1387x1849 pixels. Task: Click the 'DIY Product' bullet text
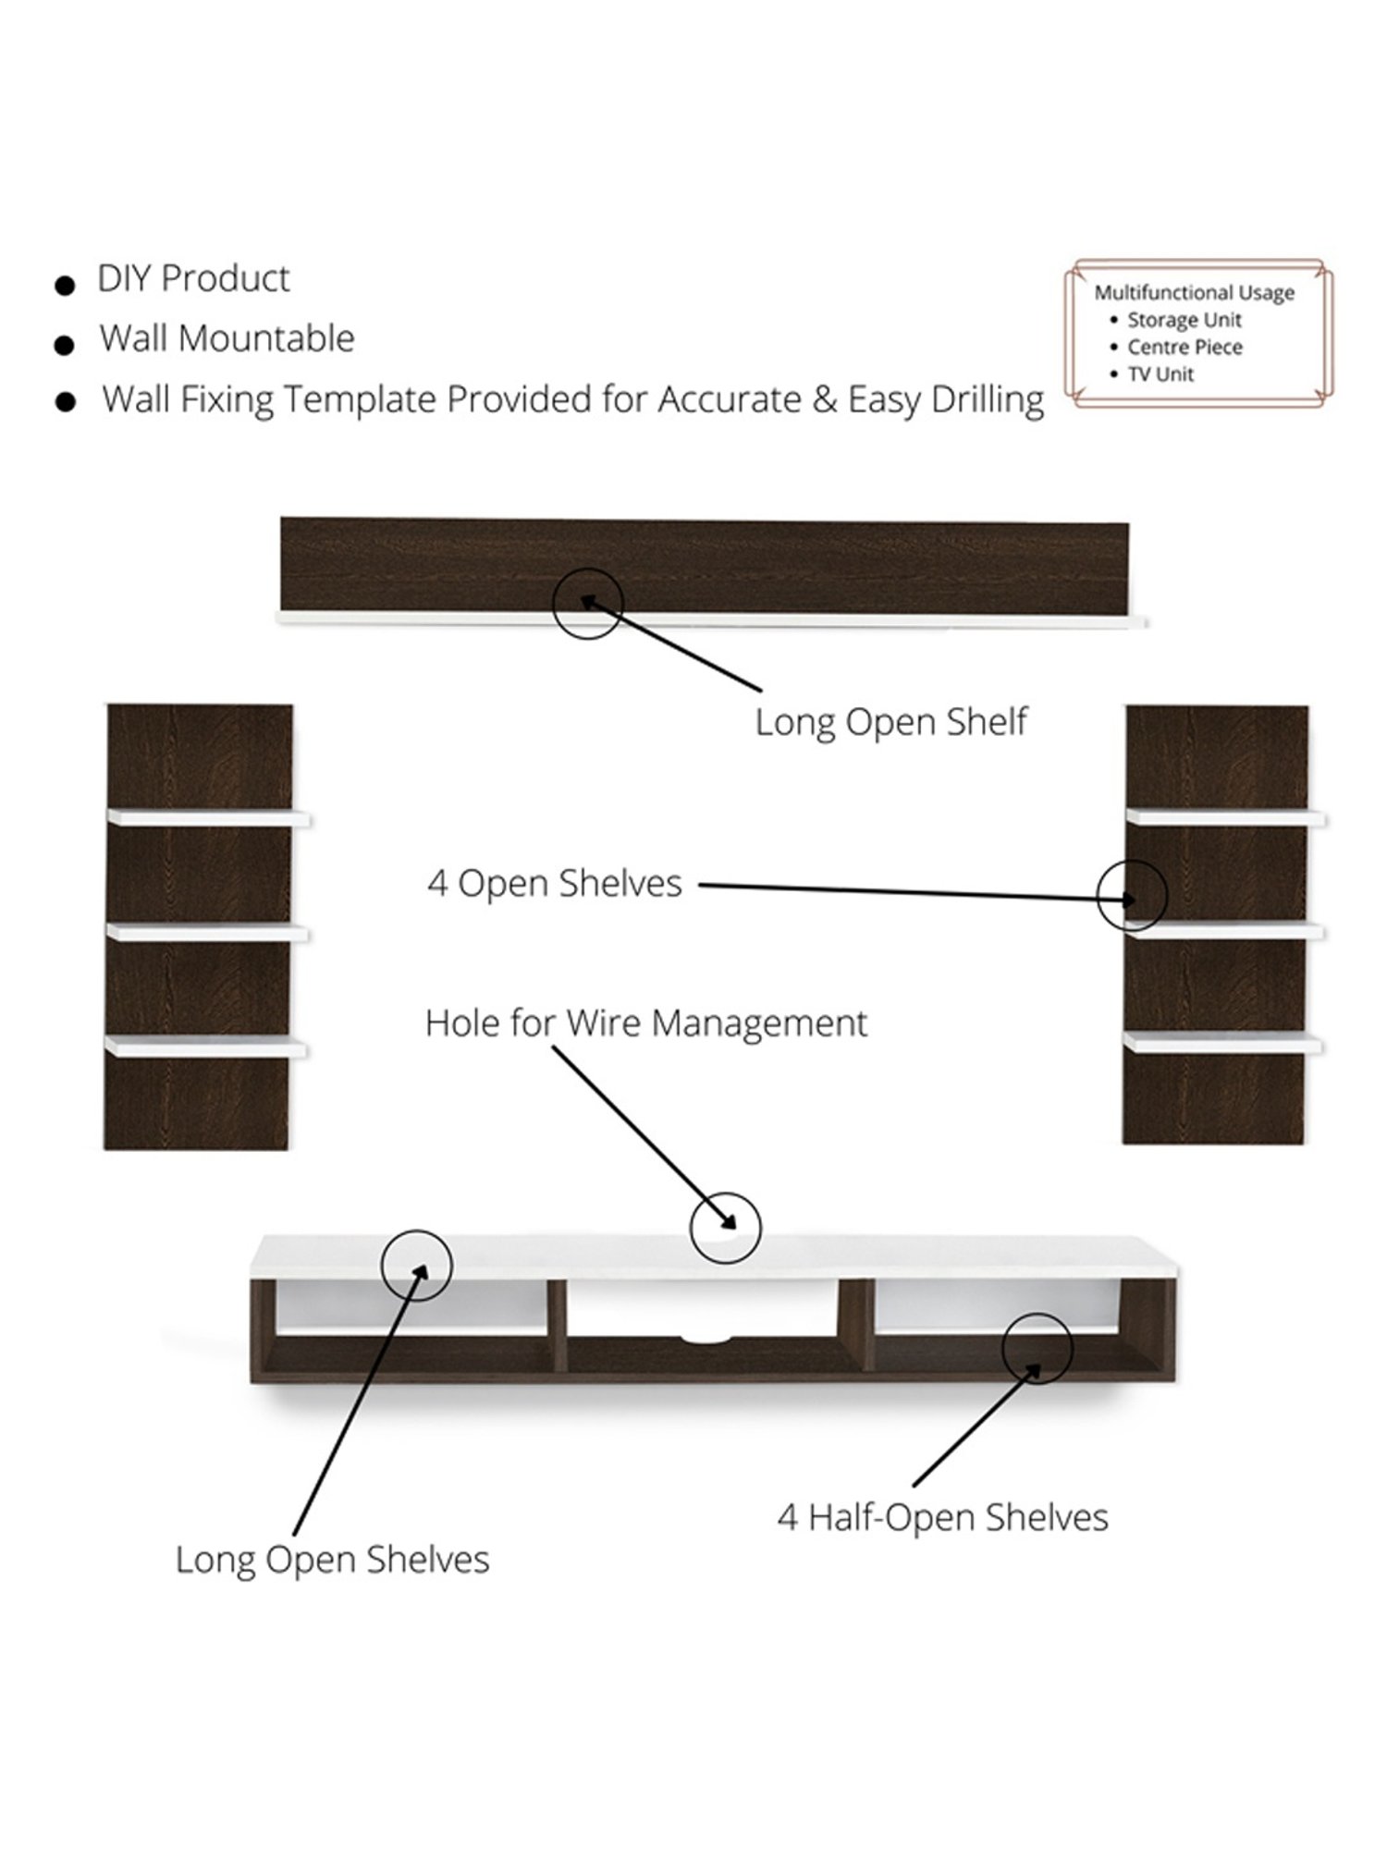click(193, 278)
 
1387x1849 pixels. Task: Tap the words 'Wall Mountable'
click(227, 338)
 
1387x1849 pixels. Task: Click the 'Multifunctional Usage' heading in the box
click(1194, 293)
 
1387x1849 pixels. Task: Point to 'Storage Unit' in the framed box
click(1184, 320)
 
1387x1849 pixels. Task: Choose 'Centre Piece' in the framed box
click(1184, 348)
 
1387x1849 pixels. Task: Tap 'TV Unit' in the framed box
click(1160, 374)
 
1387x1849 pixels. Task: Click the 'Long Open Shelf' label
click(890, 722)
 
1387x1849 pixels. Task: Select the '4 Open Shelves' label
click(554, 883)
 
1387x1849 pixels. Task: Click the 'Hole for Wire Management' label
click(645, 1023)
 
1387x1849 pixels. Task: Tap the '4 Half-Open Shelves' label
click(942, 1517)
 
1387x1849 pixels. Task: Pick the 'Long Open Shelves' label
click(332, 1560)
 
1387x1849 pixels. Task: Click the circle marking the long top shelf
click(588, 603)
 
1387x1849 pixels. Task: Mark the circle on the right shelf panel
click(1132, 895)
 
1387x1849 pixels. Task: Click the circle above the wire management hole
click(725, 1228)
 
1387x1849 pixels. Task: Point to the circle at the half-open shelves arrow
click(1037, 1349)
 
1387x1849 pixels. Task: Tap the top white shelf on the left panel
click(209, 818)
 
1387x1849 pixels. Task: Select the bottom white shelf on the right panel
click(1222, 1043)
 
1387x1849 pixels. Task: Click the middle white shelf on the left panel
click(208, 932)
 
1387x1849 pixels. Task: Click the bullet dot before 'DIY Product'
click(65, 285)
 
